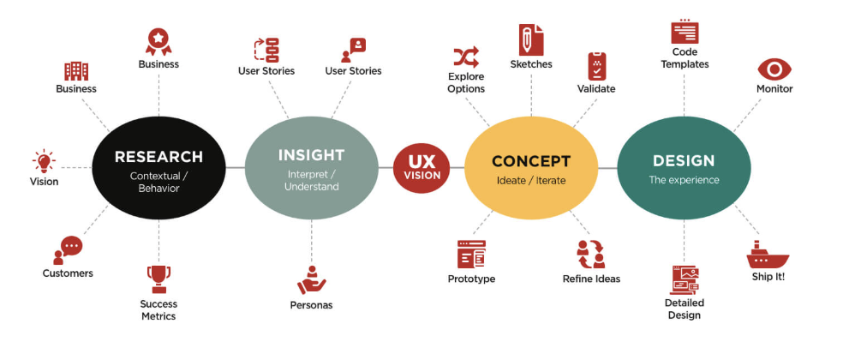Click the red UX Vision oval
pyautogui.click(x=422, y=168)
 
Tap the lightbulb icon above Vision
pyautogui.click(x=44, y=160)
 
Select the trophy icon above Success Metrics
pyautogui.click(x=158, y=279)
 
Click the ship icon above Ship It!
pyautogui.click(x=767, y=255)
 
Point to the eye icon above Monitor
pyautogui.click(x=774, y=69)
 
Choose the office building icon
pyautogui.click(x=76, y=70)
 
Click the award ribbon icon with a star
pyautogui.click(x=158, y=41)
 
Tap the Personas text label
pyautogui.click(x=311, y=305)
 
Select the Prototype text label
pyautogui.click(x=471, y=279)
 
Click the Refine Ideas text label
pyautogui.click(x=591, y=279)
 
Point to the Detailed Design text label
pyautogui.click(x=684, y=309)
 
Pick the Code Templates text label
pyautogui.click(x=685, y=58)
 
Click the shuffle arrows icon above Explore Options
pyautogui.click(x=466, y=58)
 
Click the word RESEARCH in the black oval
pyautogui.click(x=158, y=157)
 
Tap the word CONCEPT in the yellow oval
pyautogui.click(x=531, y=161)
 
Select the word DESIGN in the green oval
pyautogui.click(x=684, y=160)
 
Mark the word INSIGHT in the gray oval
pyautogui.click(x=311, y=155)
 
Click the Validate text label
pyautogui.click(x=596, y=88)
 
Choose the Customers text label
pyautogui.click(x=68, y=273)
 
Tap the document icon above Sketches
pyautogui.click(x=531, y=39)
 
